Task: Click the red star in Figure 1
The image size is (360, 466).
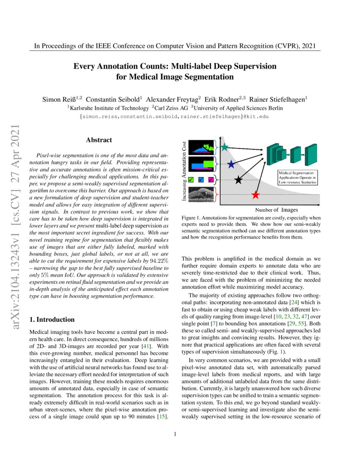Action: [x=255, y=195]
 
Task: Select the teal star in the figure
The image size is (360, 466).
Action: [x=224, y=147]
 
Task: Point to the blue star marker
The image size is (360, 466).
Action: [x=231, y=164]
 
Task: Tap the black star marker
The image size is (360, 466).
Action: [x=238, y=180]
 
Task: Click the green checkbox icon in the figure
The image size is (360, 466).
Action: [x=191, y=180]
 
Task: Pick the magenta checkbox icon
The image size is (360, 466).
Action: [x=211, y=180]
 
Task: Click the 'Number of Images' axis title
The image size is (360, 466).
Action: [x=277, y=210]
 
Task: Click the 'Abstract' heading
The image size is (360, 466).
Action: [x=99, y=140]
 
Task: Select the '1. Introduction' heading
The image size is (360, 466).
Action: [x=52, y=319]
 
